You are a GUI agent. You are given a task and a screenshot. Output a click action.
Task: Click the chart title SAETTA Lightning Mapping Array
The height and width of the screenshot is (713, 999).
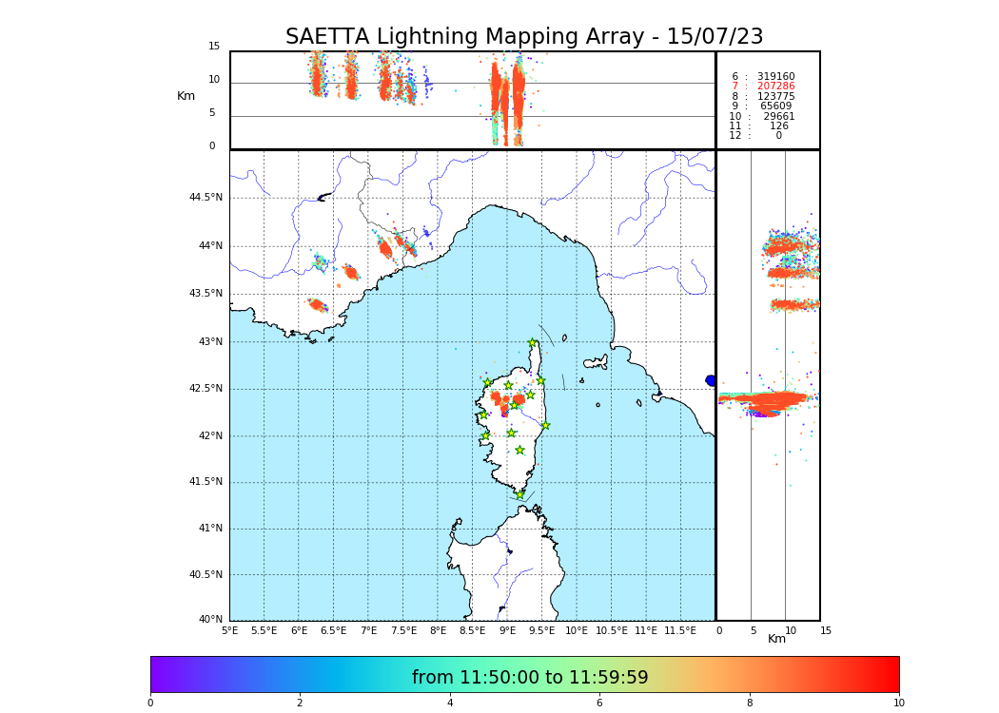tap(524, 37)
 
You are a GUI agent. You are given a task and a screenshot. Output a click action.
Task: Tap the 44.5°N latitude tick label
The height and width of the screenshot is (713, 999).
tap(206, 198)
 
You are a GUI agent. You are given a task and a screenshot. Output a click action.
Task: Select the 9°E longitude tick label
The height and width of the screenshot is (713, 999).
tap(507, 630)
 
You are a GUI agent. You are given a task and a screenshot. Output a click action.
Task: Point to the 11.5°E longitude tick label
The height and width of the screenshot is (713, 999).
tap(679, 630)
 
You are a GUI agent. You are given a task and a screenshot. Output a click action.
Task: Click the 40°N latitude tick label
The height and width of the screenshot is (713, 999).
tap(210, 620)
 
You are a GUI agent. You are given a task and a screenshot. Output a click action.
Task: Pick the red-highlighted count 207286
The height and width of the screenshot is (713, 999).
tap(775, 87)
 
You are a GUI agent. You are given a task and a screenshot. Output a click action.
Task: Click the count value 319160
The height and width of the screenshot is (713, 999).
tap(775, 77)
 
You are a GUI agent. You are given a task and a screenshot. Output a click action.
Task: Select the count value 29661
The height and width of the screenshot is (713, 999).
tap(778, 117)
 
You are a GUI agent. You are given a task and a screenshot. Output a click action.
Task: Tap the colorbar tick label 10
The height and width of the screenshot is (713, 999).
tap(898, 703)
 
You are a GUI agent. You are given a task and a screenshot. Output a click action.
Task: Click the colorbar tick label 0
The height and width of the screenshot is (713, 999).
tap(150, 703)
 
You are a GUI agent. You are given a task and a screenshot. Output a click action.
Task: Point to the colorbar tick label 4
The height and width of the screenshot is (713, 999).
tap(450, 703)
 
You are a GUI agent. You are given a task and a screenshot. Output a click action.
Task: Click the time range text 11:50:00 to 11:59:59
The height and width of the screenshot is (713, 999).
tap(530, 678)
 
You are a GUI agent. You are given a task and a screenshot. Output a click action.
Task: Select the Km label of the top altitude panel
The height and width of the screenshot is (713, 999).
tap(186, 96)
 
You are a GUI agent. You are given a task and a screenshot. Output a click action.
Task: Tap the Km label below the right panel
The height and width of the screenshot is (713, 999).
tap(776, 639)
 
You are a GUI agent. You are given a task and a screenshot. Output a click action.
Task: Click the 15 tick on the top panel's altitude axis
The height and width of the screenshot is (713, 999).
tap(214, 47)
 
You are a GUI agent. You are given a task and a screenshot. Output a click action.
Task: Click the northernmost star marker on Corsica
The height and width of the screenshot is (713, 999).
tap(533, 343)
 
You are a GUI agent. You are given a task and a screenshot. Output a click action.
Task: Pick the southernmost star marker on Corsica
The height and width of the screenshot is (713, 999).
tap(519, 495)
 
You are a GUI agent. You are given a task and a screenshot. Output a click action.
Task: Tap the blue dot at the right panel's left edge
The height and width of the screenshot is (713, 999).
tap(711, 380)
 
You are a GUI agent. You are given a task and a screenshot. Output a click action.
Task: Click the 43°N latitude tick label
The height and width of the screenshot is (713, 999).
tap(208, 342)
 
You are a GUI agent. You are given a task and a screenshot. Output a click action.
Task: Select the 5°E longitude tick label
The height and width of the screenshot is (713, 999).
tap(230, 630)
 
